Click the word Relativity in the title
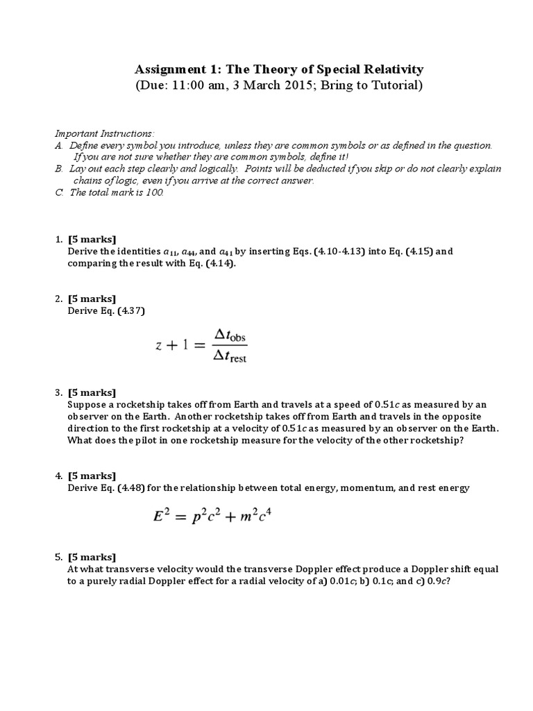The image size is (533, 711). [391, 69]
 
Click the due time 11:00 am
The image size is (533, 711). [203, 86]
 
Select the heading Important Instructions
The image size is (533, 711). [104, 133]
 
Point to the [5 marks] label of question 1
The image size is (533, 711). [92, 240]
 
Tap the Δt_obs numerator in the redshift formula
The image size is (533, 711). [230, 336]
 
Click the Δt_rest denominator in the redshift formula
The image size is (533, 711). [230, 357]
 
